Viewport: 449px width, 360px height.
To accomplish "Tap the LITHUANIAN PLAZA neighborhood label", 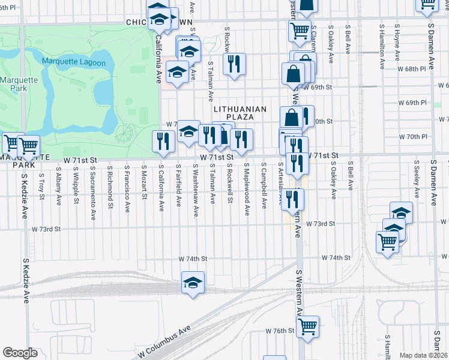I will coord(240,112).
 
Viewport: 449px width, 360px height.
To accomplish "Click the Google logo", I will coord(20,353).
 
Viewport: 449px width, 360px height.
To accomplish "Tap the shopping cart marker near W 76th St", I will coord(307,326).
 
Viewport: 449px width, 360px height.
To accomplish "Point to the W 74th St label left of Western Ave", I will coord(193,259).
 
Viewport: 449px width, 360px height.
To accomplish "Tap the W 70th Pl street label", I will coord(415,136).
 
